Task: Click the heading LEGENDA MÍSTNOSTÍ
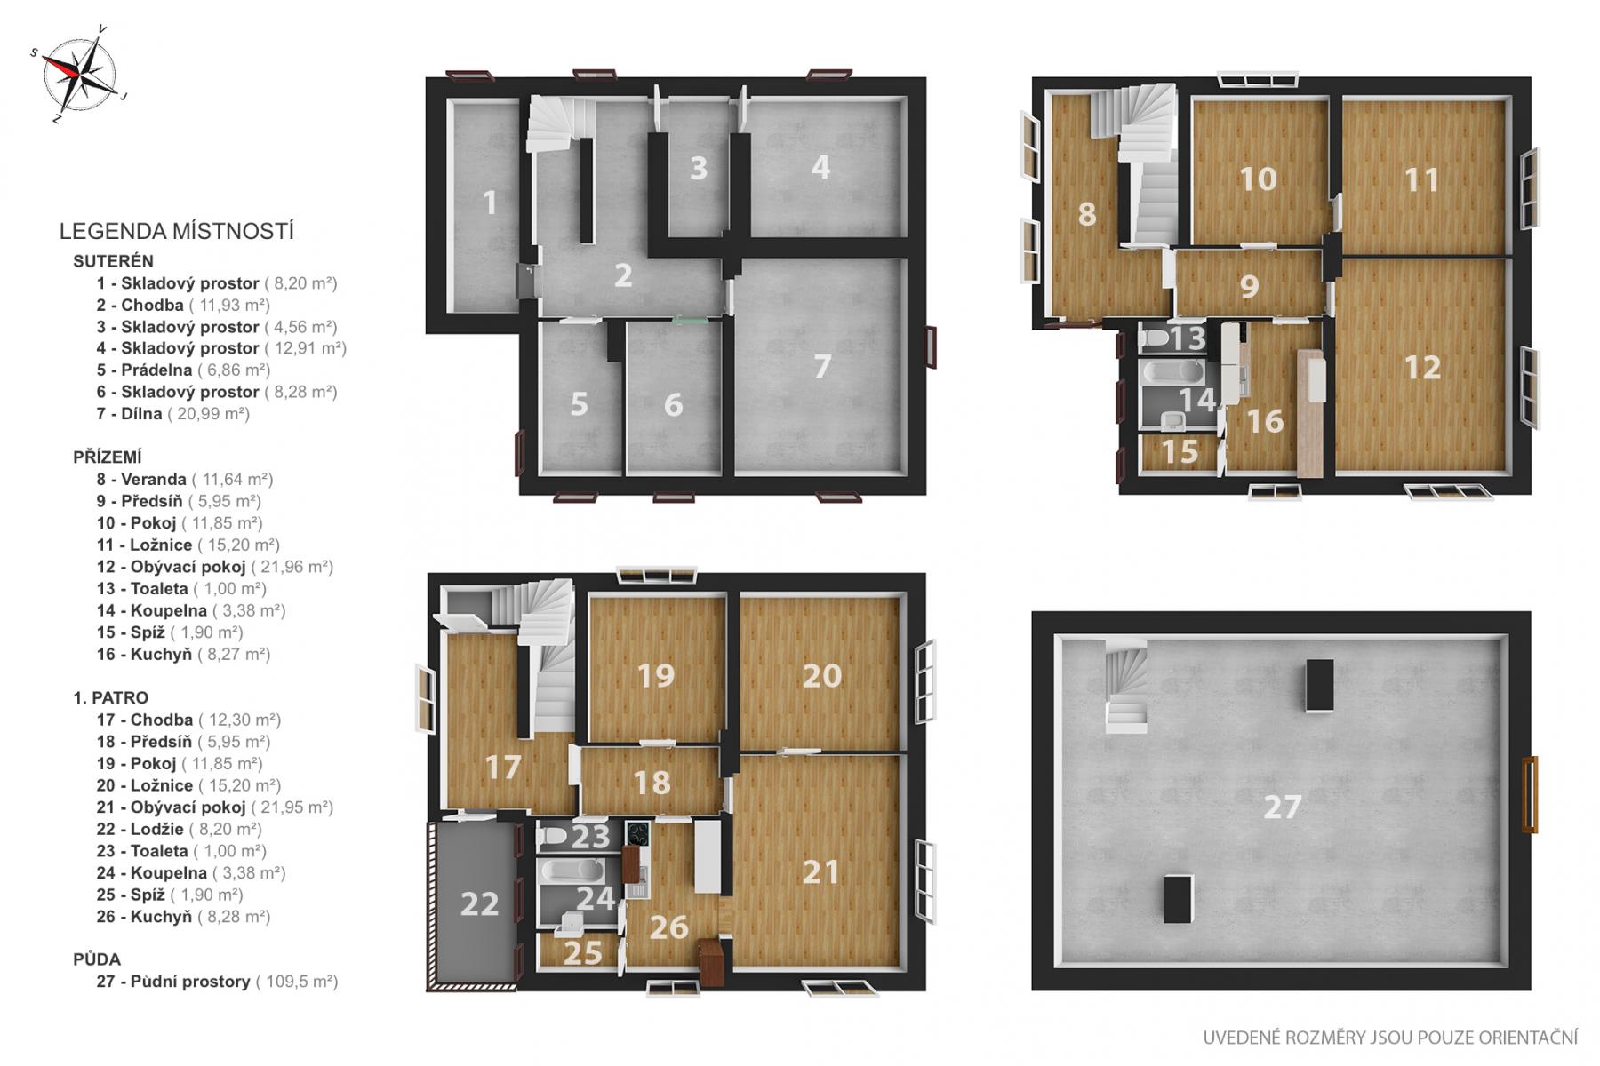tap(176, 232)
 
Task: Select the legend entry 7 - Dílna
tap(173, 414)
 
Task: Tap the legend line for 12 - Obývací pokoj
tap(215, 567)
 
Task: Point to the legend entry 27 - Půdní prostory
tap(217, 982)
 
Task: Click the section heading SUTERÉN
tap(113, 261)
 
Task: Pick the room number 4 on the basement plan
tap(820, 167)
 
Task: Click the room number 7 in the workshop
tap(822, 366)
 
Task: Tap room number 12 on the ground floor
tap(1421, 367)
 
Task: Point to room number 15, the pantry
tap(1180, 452)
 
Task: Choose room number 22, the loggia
tap(479, 903)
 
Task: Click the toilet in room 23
tap(555, 837)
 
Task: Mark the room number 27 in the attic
tap(1282, 807)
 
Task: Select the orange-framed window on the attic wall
tap(1529, 794)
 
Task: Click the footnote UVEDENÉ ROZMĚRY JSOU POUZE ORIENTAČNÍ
tap(1390, 1038)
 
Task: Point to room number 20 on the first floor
tap(821, 676)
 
